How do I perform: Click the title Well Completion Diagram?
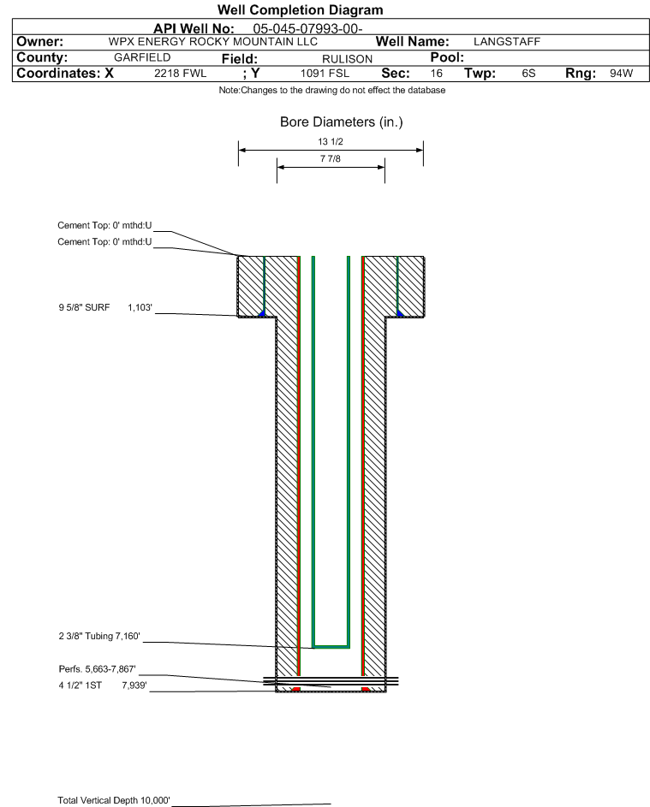[x=301, y=9]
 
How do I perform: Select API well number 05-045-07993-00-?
[x=307, y=29]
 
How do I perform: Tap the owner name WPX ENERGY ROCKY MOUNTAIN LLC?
[x=212, y=42]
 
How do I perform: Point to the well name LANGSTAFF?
[x=507, y=42]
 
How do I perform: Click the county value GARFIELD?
[x=142, y=57]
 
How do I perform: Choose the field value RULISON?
[x=347, y=59]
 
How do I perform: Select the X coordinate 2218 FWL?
[x=180, y=73]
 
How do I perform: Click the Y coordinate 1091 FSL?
[x=325, y=73]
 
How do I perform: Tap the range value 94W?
[x=621, y=73]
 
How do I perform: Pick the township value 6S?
[x=528, y=73]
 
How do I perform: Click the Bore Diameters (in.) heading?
[x=342, y=122]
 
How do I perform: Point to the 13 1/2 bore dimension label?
[x=331, y=141]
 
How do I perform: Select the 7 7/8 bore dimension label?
[x=331, y=158]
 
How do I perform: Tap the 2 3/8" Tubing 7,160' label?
[x=99, y=636]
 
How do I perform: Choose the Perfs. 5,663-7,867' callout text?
[x=98, y=669]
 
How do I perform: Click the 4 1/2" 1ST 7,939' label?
[x=103, y=685]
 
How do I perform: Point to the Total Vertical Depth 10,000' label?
[x=114, y=800]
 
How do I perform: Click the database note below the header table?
[x=332, y=90]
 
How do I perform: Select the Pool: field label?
[x=447, y=57]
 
